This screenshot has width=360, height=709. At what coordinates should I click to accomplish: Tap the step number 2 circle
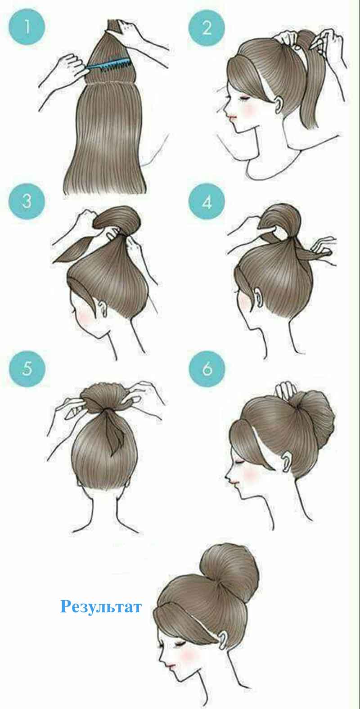pyautogui.click(x=207, y=27)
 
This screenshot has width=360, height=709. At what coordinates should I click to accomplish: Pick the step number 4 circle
pyautogui.click(x=207, y=202)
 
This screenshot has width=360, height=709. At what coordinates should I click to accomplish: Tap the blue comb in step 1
pyautogui.click(x=109, y=64)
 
